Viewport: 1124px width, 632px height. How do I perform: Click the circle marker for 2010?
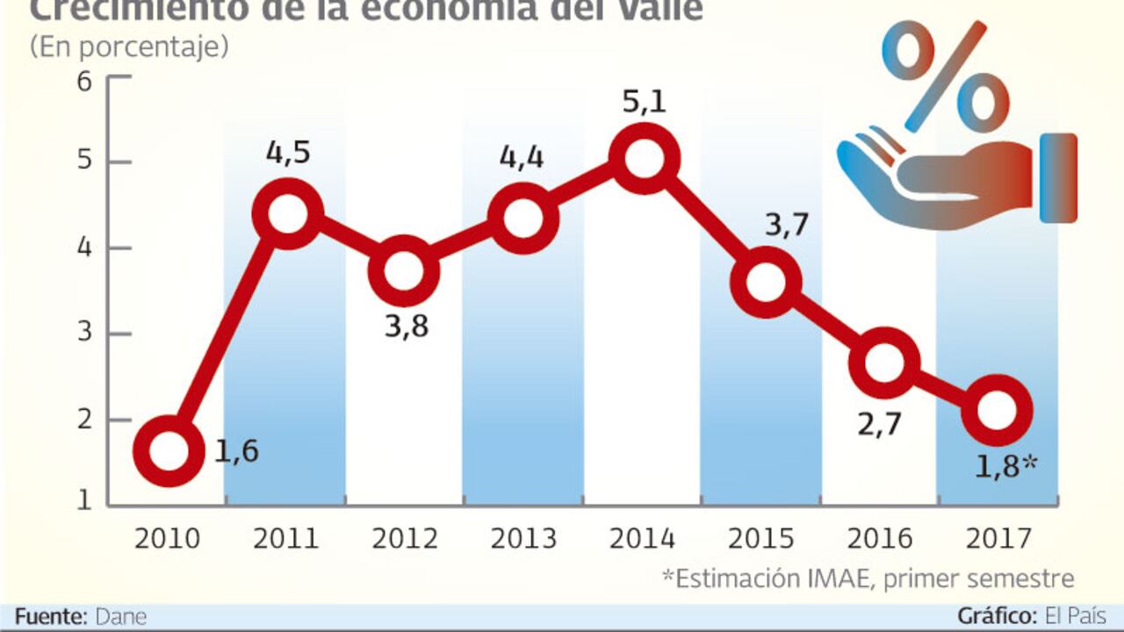168,451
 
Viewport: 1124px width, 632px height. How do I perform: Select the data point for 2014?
645,159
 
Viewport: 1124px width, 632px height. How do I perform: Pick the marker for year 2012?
404,271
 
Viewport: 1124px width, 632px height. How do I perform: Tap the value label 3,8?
406,327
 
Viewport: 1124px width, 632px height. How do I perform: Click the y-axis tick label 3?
85,334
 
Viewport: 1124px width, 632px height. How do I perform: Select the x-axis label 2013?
523,538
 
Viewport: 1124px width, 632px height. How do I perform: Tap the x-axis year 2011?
285,538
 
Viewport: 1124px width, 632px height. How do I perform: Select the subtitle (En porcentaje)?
129,47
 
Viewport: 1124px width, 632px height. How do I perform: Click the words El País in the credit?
1075,616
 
